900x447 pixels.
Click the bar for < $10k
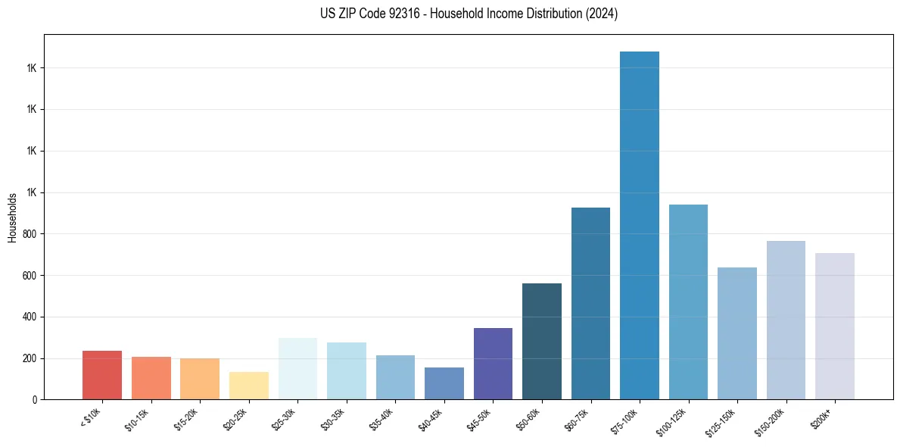coord(102,375)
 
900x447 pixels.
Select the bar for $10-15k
coord(151,378)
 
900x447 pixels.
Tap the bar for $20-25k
coord(249,386)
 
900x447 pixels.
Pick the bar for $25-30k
coord(297,368)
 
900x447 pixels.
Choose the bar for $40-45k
coord(444,383)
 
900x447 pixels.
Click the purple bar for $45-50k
coord(493,364)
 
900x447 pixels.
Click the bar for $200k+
coord(835,326)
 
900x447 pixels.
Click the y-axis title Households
coord(12,217)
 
